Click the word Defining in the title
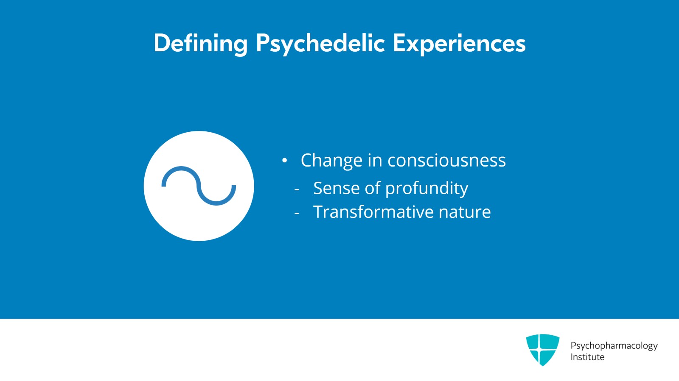pyautogui.click(x=200, y=43)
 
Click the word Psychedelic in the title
pyautogui.click(x=320, y=43)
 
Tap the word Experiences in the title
pyautogui.click(x=459, y=43)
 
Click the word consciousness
pyautogui.click(x=446, y=161)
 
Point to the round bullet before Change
pyautogui.click(x=284, y=161)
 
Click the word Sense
pyautogui.click(x=336, y=188)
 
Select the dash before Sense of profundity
pyautogui.click(x=297, y=189)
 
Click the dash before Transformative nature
pyautogui.click(x=297, y=213)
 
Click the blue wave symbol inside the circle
pyautogui.click(x=199, y=186)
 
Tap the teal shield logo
pyautogui.click(x=542, y=350)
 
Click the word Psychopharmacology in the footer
pyautogui.click(x=614, y=345)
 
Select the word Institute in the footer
pyautogui.click(x=587, y=357)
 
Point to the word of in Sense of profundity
pyautogui.click(x=372, y=188)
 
